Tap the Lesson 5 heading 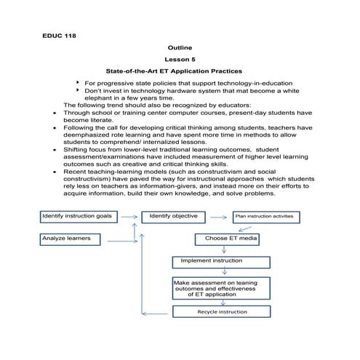point(180,60)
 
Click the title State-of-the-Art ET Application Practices point(180,73)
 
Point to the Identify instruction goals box point(77,216)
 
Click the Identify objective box point(173,216)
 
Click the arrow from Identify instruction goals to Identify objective point(129,216)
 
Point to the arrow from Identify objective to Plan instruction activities point(217,216)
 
